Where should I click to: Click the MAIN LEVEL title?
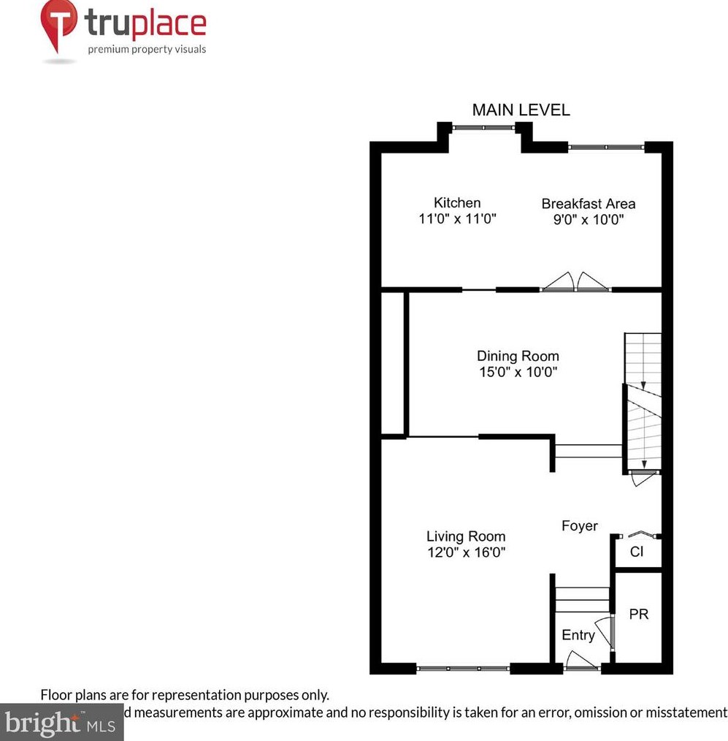521,110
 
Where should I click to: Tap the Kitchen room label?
457,203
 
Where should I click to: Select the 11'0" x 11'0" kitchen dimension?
457,218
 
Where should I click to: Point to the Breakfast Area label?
588,204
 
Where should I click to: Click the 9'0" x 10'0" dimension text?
588,219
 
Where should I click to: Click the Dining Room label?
518,357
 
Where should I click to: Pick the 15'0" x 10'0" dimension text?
518,372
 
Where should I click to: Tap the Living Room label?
466,537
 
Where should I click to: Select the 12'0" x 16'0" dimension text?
466,553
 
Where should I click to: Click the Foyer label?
579,526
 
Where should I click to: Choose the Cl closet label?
637,552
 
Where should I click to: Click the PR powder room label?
638,615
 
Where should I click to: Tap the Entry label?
578,636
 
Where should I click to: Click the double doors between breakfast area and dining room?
576,284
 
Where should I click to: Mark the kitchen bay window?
482,128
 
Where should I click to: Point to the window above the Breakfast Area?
606,148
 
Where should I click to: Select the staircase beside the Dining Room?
643,402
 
